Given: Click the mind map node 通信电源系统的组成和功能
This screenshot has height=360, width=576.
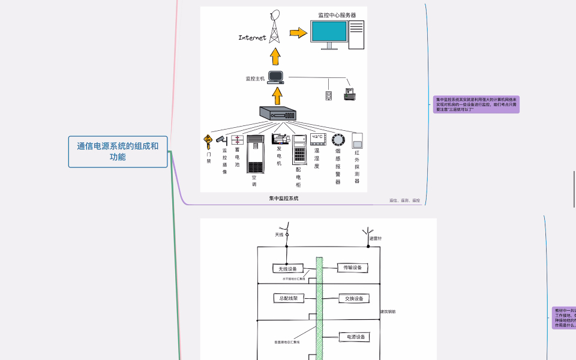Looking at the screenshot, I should click(118, 151).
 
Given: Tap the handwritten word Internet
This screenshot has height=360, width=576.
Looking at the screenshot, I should click(252, 38).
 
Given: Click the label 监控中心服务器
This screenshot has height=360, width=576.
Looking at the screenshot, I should click(337, 15).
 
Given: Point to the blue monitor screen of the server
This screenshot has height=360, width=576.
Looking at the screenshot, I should click(328, 31).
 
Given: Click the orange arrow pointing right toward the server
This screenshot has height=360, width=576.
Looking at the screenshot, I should click(298, 34).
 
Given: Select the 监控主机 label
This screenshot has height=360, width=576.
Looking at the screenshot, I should click(255, 79).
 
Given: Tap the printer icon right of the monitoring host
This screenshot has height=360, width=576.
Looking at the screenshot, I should click(350, 94).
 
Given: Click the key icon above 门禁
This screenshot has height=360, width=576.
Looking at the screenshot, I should click(208, 142).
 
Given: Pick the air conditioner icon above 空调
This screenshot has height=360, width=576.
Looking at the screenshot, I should click(255, 154).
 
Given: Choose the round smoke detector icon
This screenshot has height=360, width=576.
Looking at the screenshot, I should click(338, 140).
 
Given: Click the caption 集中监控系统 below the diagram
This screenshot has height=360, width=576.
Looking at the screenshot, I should click(284, 198).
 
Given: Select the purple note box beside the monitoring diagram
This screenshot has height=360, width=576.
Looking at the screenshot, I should click(476, 104).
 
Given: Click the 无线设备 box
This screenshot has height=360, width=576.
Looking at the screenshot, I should click(288, 268).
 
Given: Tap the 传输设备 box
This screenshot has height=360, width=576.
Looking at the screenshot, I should click(353, 268).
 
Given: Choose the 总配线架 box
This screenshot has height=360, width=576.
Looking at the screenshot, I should click(289, 298).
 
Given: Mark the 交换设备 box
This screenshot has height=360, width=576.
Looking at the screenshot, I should click(353, 298).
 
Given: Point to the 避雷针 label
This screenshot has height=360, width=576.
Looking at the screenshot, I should click(376, 239).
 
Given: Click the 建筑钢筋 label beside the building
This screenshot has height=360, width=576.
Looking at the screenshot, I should click(388, 312).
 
